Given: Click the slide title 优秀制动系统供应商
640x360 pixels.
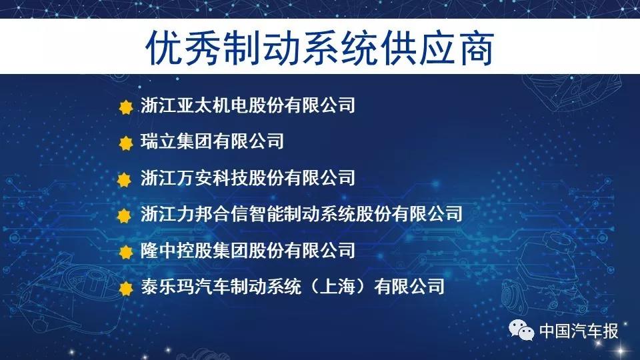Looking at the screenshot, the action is [319, 47].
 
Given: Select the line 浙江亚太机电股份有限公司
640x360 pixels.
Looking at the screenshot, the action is [248, 105].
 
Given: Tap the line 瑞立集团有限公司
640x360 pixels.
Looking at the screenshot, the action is [212, 141].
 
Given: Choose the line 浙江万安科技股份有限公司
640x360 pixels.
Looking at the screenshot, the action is [248, 177].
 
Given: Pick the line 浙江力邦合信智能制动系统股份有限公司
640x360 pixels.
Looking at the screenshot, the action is [301, 213].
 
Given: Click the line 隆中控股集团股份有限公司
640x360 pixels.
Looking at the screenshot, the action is [248, 250].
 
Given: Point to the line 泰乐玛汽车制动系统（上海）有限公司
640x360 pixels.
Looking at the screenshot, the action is [293, 286].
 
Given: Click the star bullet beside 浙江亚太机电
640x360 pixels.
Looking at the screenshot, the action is [126, 107].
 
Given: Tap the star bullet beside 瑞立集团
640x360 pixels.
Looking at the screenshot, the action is [126, 143].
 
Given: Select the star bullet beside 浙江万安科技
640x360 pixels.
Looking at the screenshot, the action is [124, 179].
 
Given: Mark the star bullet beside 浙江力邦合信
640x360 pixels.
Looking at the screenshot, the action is [124, 215].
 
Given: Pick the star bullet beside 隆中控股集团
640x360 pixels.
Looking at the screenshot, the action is [126, 252].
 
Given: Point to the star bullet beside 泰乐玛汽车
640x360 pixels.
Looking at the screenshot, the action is [126, 288].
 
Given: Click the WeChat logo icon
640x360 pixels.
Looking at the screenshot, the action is [521, 330].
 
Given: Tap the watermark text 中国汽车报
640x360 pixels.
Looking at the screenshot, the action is [579, 331].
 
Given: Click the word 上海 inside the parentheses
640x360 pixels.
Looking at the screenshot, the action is [337, 286].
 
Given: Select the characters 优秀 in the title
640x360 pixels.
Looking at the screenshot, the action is [184, 47].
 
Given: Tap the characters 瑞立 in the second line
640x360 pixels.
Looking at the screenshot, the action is [158, 141].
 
